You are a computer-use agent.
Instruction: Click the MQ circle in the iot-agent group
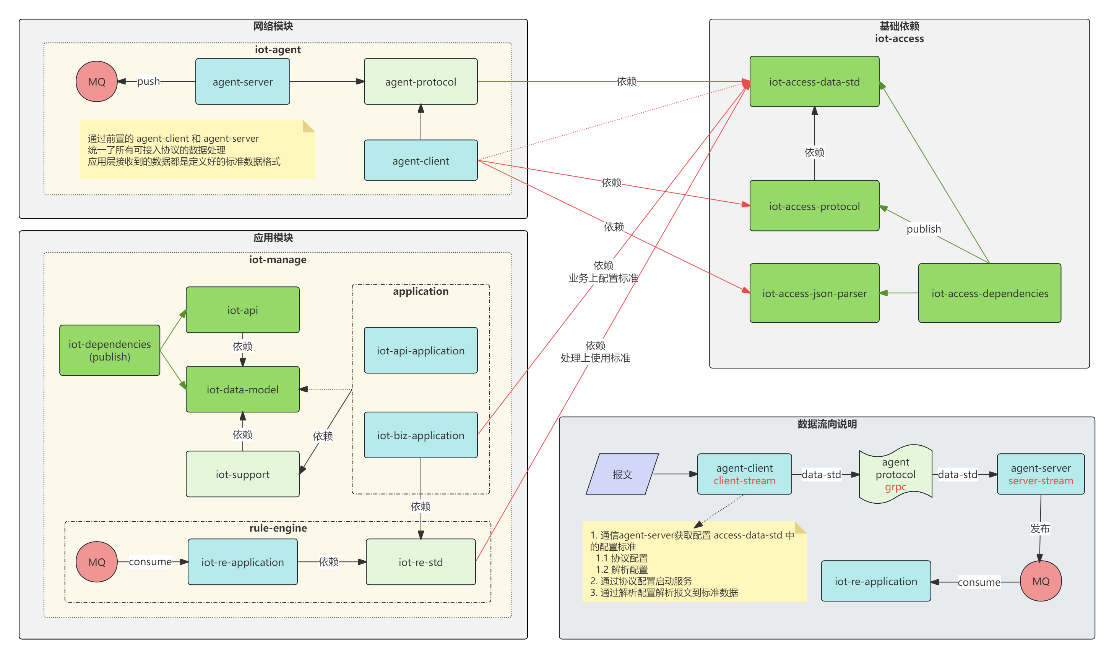tap(96, 82)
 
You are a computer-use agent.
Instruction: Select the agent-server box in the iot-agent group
tap(242, 82)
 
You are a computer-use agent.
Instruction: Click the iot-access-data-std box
tap(814, 82)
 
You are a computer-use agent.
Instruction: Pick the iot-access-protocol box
tap(814, 206)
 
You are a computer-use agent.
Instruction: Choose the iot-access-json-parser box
tap(814, 293)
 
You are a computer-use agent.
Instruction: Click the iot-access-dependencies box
tap(989, 293)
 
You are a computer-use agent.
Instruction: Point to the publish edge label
tap(923, 229)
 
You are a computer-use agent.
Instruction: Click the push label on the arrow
tap(148, 81)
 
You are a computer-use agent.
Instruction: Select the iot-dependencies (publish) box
tap(110, 350)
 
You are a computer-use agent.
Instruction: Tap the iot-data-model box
tap(242, 389)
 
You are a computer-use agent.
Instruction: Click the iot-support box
tap(242, 474)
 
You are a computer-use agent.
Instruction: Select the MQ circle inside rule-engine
tap(96, 562)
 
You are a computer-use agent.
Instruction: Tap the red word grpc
tap(895, 487)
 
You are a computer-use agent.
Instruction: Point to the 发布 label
tap(1039, 528)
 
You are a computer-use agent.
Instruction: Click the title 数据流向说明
tap(827, 424)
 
